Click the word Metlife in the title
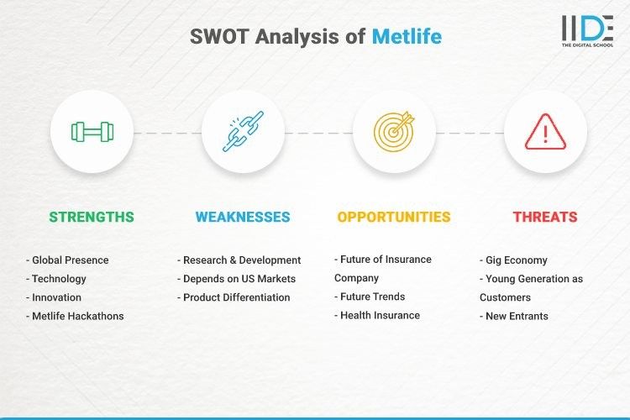[x=407, y=37]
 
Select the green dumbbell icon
[x=92, y=132]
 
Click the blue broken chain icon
[x=243, y=132]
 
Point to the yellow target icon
[x=394, y=132]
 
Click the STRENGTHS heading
[x=92, y=217]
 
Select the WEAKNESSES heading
[x=243, y=217]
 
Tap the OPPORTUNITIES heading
[x=394, y=217]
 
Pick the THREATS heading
[x=545, y=217]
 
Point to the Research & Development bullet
[x=239, y=260]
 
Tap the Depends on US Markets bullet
[x=237, y=279]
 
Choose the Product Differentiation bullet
[x=234, y=297]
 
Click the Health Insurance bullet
[x=377, y=316]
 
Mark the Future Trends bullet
[x=370, y=297]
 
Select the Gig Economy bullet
[x=514, y=260]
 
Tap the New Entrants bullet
[x=514, y=316]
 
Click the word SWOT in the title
[x=218, y=37]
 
